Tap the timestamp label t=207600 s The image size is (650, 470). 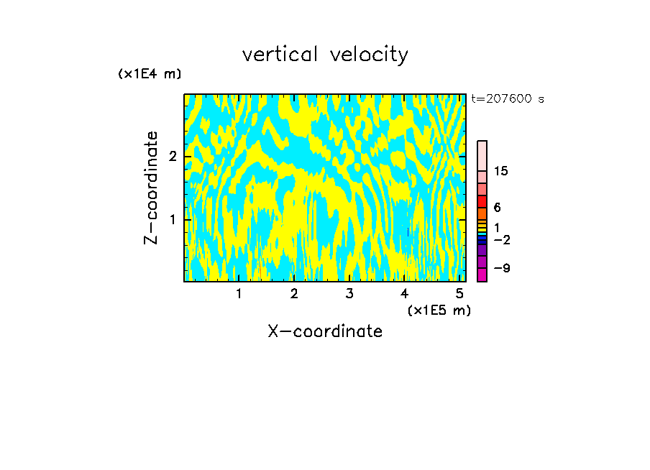[508, 99]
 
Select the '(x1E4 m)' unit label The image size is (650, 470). [150, 74]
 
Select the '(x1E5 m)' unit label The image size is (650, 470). [439, 310]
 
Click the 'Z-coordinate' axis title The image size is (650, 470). [152, 188]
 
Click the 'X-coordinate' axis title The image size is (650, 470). [325, 331]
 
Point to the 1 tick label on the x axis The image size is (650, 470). [239, 293]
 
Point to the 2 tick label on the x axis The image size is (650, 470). [294, 293]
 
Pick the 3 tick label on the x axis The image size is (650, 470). [349, 293]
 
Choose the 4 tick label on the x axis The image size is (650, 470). [404, 293]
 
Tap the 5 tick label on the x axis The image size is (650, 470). [459, 293]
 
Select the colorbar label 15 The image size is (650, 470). [501, 171]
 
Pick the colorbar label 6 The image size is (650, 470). [497, 208]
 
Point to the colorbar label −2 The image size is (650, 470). [502, 240]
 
